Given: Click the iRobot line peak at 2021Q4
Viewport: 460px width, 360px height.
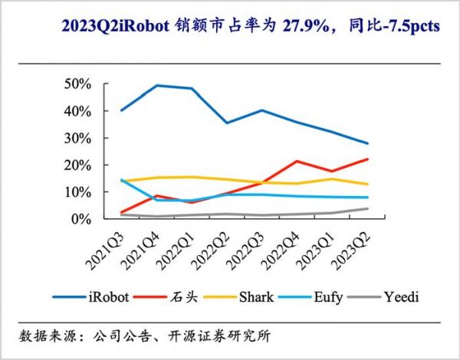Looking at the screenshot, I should [x=156, y=85].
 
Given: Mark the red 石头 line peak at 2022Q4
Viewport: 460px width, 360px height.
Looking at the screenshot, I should [x=297, y=161].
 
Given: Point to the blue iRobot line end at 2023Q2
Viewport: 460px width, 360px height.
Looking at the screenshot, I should [x=366, y=143].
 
